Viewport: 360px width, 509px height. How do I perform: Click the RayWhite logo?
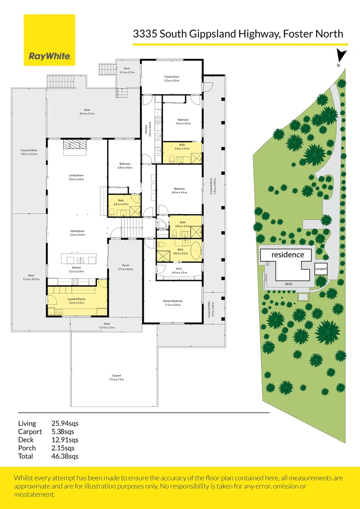click(x=49, y=40)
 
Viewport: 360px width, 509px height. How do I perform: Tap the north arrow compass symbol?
click(x=341, y=57)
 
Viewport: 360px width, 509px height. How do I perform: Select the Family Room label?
click(x=172, y=78)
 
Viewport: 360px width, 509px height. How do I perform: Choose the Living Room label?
click(x=76, y=177)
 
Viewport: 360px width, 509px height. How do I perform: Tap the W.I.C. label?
click(x=176, y=271)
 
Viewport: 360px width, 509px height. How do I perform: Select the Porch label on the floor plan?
click(x=125, y=267)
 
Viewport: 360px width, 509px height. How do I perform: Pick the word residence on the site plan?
click(x=287, y=254)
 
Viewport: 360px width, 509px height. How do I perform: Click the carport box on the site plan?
click(x=321, y=269)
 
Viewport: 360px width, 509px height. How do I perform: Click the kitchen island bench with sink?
click(x=79, y=259)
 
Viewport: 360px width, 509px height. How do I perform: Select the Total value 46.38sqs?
click(x=65, y=456)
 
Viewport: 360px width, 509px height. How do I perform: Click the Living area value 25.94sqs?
click(x=65, y=423)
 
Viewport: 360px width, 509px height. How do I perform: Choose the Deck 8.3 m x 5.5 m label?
click(x=87, y=112)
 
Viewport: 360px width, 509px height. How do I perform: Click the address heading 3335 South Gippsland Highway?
click(x=238, y=33)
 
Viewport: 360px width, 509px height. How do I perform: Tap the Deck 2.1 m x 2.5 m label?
click(x=127, y=70)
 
